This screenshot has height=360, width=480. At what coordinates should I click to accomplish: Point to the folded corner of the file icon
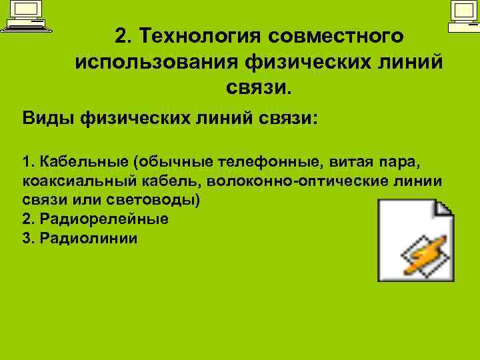(x=443, y=209)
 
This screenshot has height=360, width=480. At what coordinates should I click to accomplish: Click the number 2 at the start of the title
(x=121, y=35)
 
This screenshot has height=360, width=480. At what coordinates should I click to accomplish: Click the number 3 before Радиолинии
(x=27, y=237)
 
